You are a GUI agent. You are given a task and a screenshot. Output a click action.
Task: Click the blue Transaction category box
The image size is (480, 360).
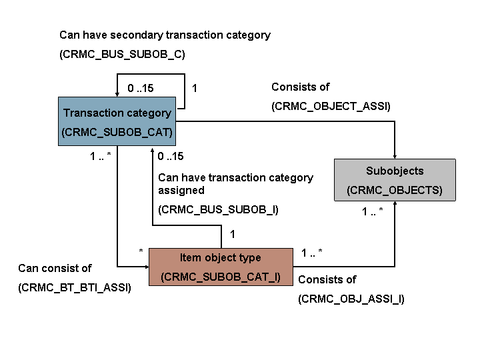[117, 122]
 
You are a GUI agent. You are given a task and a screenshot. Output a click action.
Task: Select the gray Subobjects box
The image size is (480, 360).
[395, 179]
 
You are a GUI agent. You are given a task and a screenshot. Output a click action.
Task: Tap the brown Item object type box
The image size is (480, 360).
[221, 267]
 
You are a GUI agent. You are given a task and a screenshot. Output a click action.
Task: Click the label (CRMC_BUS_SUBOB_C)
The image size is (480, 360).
[122, 55]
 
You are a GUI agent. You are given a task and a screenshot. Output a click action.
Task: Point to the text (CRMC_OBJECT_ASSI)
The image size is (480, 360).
[331, 106]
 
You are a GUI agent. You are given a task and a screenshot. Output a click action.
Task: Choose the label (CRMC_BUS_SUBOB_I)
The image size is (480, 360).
[218, 209]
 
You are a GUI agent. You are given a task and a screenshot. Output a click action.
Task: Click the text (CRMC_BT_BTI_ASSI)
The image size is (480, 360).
[75, 288]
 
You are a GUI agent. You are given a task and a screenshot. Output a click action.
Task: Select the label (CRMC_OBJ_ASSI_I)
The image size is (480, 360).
[351, 299]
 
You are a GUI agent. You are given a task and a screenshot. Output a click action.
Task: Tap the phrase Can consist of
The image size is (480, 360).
[55, 268]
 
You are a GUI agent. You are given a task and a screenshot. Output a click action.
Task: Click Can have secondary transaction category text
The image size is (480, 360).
[165, 35]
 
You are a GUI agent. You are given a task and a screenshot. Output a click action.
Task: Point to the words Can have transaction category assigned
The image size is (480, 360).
[235, 183]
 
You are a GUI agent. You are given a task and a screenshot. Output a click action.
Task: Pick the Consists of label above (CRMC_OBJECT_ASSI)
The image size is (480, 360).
[300, 87]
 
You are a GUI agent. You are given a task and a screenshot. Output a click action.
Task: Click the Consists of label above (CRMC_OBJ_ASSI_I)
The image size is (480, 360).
[327, 279]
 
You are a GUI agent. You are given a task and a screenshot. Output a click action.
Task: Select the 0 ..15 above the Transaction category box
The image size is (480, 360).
[140, 88]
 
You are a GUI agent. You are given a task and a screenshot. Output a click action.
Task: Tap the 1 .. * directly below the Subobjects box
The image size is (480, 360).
[372, 211]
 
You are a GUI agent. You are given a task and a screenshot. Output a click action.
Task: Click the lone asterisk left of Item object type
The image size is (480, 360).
[141, 251]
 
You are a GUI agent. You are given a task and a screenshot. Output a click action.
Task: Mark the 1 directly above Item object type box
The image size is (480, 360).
[232, 234]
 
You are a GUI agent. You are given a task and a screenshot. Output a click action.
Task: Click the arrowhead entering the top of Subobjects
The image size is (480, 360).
[395, 155]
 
